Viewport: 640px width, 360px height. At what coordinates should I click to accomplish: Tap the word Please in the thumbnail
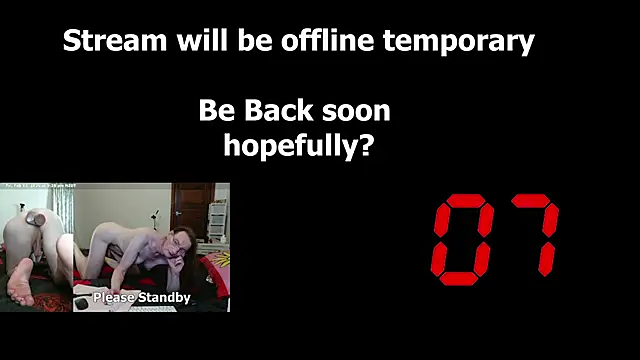coord(117,297)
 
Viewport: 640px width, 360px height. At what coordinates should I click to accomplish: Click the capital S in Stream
coord(71,42)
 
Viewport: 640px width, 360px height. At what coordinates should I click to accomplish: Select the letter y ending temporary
coord(526,45)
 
